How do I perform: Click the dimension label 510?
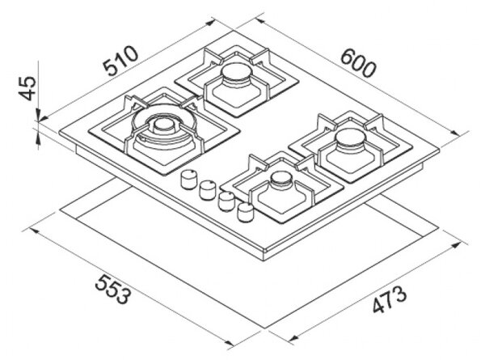[121, 61]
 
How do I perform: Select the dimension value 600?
[358, 64]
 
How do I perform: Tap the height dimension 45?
[27, 88]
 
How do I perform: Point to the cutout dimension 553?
[112, 289]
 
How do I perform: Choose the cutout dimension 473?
[389, 299]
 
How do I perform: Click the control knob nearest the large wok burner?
[188, 180]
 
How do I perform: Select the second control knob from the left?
[207, 190]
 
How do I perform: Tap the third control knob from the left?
[226, 201]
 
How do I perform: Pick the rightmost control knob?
[246, 212]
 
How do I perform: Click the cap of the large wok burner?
[163, 125]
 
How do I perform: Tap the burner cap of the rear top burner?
[237, 71]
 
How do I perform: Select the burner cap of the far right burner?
[352, 138]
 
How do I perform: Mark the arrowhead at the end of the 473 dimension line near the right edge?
[462, 246]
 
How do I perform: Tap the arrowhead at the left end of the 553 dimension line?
[34, 231]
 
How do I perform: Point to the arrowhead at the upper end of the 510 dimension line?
[210, 23]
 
